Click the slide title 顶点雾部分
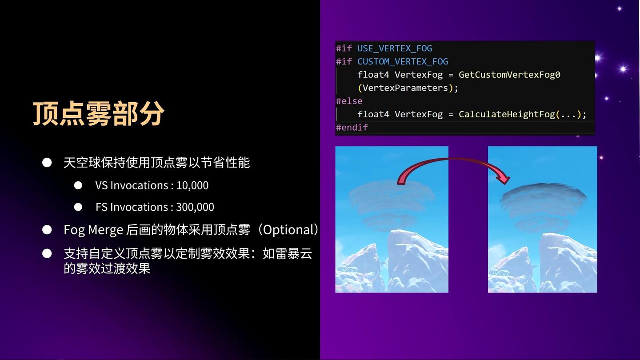99,113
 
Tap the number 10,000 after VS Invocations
192,185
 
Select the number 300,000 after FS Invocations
195,207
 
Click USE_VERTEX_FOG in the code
395,48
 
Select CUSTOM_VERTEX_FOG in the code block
403,62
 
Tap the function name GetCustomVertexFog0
509,75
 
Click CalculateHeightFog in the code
507,114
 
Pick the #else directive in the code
349,101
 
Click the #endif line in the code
352,128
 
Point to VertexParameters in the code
405,88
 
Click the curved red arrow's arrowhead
503,178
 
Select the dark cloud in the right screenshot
543,207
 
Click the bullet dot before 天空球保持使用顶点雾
47,163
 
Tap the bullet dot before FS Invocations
78,207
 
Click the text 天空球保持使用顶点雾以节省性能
156,163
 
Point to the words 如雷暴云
287,253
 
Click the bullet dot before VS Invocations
78,185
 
